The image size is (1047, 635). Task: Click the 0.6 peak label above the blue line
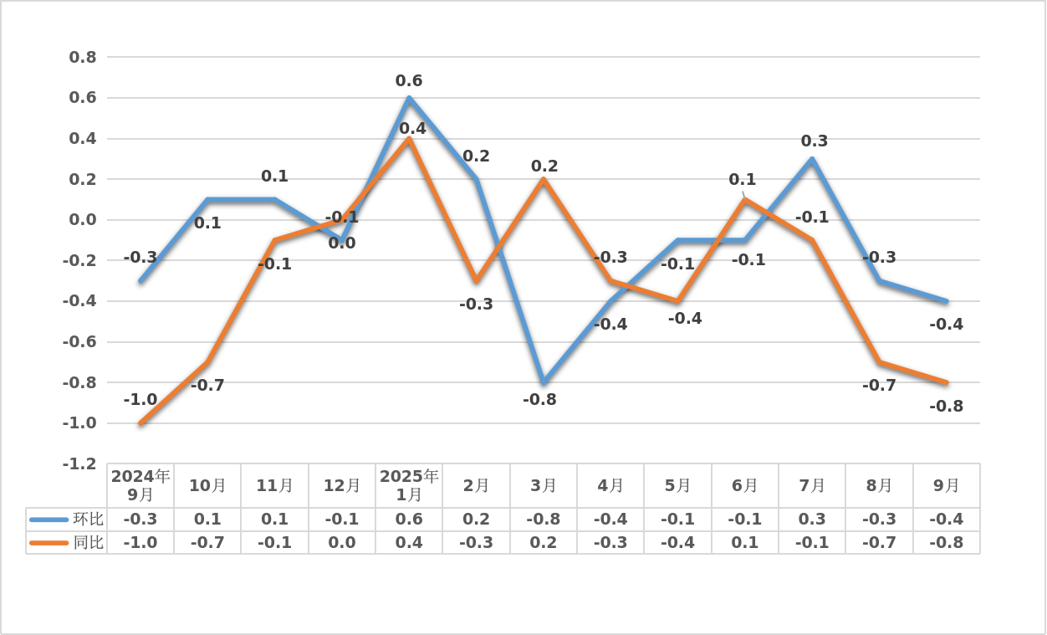[x=409, y=81]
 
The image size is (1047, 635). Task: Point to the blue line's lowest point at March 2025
[x=544, y=382]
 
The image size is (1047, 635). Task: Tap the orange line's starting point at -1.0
[x=140, y=423]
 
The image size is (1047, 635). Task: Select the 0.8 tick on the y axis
[x=82, y=58]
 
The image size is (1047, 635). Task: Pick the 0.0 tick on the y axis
[x=82, y=220]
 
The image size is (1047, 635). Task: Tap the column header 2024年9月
[x=140, y=485]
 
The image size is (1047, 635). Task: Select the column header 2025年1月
[x=409, y=485]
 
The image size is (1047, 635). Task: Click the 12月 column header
[x=342, y=485]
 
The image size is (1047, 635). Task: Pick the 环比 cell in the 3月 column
[x=544, y=519]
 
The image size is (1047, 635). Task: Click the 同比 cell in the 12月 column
[x=342, y=542]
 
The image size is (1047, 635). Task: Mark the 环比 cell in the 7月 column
[x=812, y=519]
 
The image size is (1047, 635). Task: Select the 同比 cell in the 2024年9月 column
[x=140, y=542]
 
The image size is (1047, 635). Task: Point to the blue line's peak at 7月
[x=812, y=159]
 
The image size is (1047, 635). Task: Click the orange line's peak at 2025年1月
[x=409, y=139]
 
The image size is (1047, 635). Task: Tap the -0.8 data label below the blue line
[x=539, y=400]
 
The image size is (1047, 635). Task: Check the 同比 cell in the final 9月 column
[x=947, y=542]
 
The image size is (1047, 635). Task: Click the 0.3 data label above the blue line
[x=815, y=141]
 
